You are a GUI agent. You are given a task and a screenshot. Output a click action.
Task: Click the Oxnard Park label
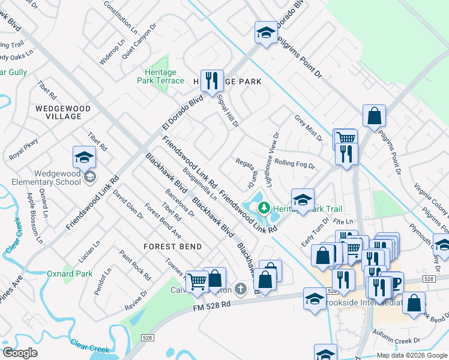[x=70, y=274]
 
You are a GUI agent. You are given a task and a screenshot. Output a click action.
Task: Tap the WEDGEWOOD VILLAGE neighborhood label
[x=62, y=112]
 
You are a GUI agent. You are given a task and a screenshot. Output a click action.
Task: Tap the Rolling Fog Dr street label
[x=295, y=163]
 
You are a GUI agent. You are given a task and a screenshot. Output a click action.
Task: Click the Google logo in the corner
[x=20, y=353]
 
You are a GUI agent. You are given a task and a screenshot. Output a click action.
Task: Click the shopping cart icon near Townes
[x=197, y=280]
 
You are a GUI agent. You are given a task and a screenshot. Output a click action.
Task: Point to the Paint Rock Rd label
[x=134, y=265]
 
